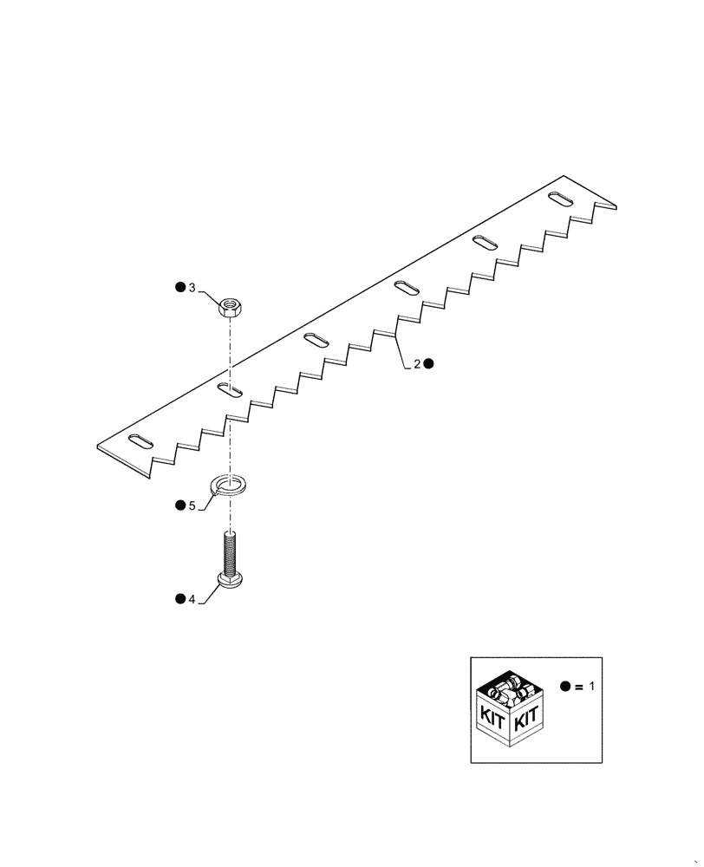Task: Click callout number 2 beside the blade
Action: (x=416, y=365)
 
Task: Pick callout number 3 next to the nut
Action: (x=192, y=287)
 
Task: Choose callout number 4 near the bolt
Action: (x=192, y=598)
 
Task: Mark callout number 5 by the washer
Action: (x=192, y=505)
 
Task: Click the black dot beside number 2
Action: (x=428, y=365)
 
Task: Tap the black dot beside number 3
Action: (x=180, y=287)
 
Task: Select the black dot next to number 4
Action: (x=180, y=598)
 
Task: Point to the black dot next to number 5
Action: (x=180, y=505)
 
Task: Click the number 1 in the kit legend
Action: (x=591, y=686)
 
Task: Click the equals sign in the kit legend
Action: (x=578, y=686)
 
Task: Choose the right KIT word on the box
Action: (x=527, y=719)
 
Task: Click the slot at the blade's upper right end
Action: (x=559, y=199)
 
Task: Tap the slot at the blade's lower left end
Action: (x=141, y=442)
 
